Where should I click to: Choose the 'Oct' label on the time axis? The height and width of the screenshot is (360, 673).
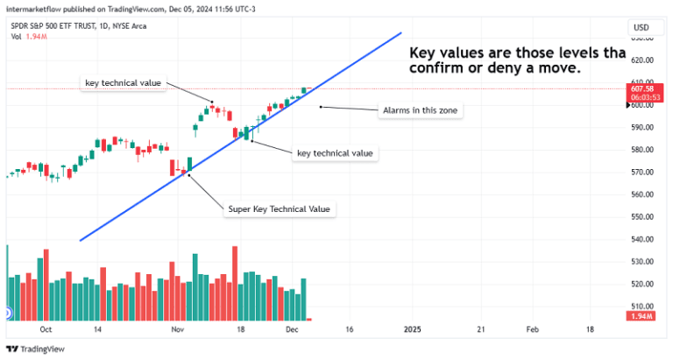46,329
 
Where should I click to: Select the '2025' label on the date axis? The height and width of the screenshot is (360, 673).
412,329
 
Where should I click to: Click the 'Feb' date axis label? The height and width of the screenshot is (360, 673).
532,329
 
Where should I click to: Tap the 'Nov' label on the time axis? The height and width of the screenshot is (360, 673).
178,329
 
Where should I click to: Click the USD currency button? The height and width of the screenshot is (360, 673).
641,28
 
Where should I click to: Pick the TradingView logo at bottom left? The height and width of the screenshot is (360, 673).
35,349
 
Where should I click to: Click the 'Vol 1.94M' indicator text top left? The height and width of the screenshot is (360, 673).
26,36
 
